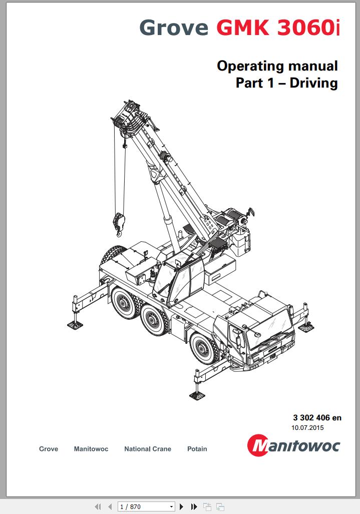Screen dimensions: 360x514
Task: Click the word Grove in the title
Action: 174,27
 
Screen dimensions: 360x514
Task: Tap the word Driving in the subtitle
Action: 313,83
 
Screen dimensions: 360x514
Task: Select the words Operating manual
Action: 277,66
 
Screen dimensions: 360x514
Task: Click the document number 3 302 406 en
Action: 317,417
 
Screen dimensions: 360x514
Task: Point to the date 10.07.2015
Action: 307,427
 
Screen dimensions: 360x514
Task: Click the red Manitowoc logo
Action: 293,445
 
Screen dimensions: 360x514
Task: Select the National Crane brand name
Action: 148,449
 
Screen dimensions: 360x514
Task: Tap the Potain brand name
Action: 197,449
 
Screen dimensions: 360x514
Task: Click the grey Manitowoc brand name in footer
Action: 91,449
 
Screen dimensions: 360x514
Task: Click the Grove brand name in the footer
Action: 49,449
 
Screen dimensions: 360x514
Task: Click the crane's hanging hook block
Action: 119,224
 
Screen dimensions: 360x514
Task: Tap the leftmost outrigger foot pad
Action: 75,325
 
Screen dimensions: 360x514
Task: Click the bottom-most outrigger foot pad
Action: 197,395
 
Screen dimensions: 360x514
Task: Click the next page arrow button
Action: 181,507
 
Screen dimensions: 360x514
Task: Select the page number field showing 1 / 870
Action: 146,507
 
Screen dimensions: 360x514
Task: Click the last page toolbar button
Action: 194,507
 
